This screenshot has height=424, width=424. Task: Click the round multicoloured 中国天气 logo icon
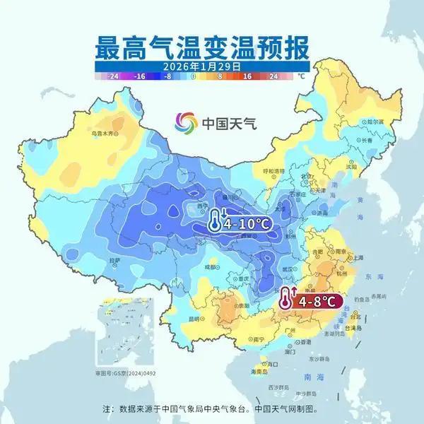[x=187, y=122]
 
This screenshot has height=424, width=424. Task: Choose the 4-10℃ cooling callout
[x=240, y=223]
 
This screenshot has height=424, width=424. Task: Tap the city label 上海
[x=358, y=257]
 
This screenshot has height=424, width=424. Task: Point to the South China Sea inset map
[x=119, y=338]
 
